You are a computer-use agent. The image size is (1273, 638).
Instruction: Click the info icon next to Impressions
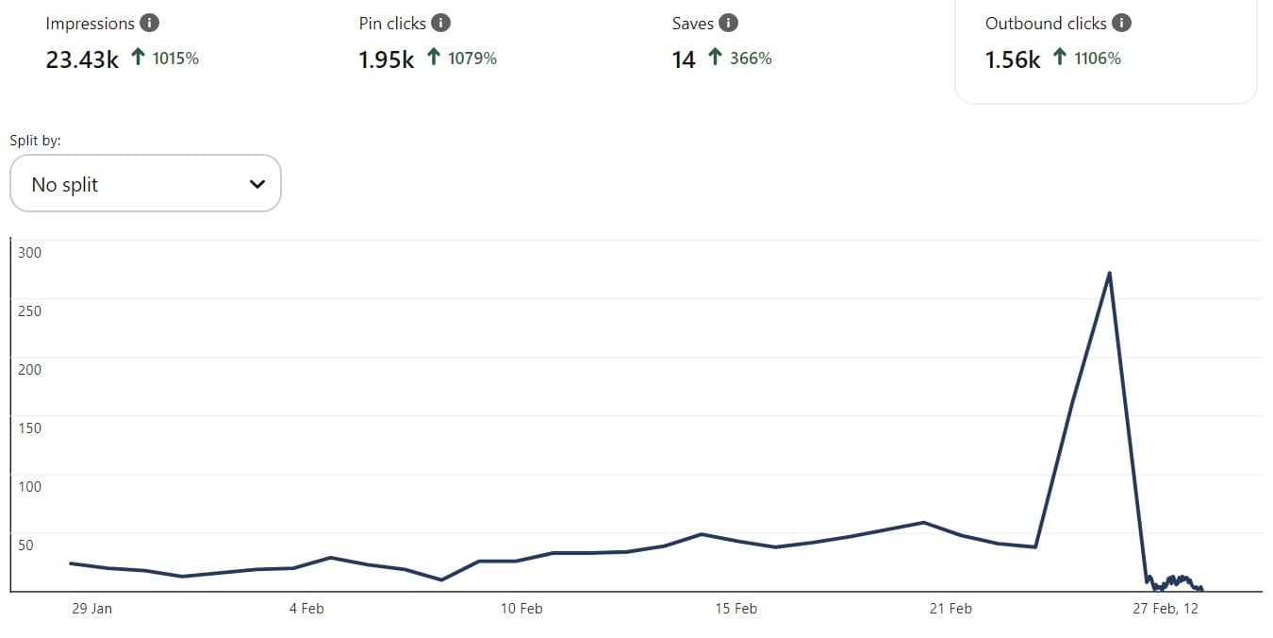pos(149,24)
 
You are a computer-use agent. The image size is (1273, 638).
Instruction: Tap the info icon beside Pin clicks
pos(440,24)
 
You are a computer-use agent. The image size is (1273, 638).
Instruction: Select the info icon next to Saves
pos(728,24)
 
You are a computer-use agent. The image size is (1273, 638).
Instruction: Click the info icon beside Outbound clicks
pos(1121,24)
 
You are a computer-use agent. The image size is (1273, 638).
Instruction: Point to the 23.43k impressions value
pos(82,59)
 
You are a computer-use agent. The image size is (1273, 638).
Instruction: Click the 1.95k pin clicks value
pos(386,59)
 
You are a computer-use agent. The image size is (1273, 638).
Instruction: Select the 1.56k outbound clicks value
pos(1013,59)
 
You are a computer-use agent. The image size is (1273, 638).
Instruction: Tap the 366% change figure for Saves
pos(751,59)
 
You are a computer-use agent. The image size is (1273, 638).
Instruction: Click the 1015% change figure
pos(175,59)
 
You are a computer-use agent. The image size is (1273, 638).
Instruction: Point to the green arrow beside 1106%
pos(1060,59)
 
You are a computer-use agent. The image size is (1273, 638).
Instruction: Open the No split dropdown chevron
pos(257,184)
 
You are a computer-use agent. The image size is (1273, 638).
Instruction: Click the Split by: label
pos(35,141)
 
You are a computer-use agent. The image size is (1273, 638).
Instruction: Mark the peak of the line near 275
pos(1109,273)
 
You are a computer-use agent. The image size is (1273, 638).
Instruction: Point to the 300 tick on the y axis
pos(30,252)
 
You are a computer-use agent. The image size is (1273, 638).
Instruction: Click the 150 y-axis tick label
pos(30,428)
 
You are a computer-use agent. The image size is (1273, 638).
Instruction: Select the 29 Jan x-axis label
pos(91,609)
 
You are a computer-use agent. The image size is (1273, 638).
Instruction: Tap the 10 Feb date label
pos(521,609)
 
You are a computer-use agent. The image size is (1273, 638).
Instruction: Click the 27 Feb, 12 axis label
pos(1165,609)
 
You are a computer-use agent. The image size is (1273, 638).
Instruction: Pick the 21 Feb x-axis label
pos(950,609)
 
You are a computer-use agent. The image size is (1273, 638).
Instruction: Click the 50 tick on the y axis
pos(25,545)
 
